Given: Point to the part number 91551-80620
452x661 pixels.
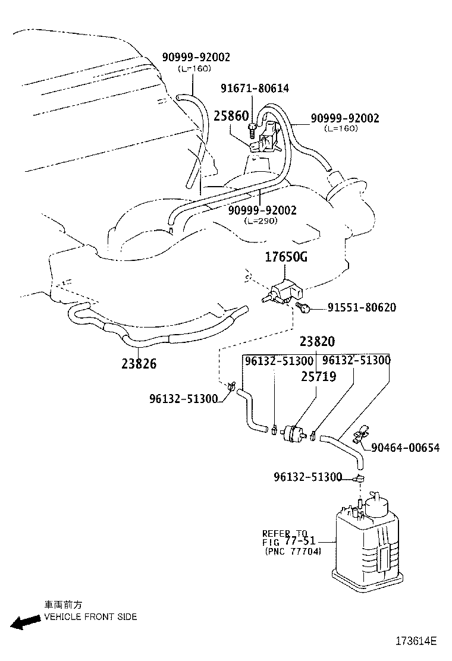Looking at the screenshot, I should pyautogui.click(x=362, y=308).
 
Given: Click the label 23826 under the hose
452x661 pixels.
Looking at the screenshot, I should pyautogui.click(x=139, y=363).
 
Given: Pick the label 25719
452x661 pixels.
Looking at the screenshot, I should pyautogui.click(x=318, y=376).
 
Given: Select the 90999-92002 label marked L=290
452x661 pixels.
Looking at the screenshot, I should pyautogui.click(x=262, y=210).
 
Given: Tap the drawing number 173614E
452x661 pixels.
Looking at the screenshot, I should pyautogui.click(x=417, y=641).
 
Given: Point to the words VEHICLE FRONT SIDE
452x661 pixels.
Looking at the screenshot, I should pyautogui.click(x=90, y=616).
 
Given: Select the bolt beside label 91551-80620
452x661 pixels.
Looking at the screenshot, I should pyautogui.click(x=305, y=307).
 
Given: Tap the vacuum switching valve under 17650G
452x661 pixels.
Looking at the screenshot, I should pyautogui.click(x=284, y=291).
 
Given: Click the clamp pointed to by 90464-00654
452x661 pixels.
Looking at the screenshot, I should pyautogui.click(x=360, y=437).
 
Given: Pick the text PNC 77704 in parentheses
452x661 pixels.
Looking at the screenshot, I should pyautogui.click(x=293, y=552).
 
